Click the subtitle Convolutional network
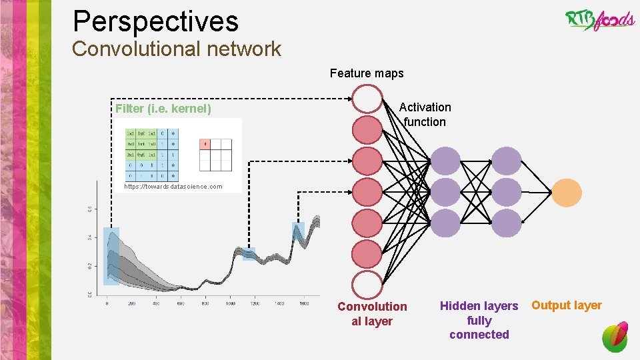(177, 49)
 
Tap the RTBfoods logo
(600, 20)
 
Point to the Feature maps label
(367, 73)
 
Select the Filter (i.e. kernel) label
(163, 108)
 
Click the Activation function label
(425, 115)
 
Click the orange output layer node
(566, 193)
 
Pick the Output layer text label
(566, 305)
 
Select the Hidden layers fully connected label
(479, 320)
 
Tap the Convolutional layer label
(372, 313)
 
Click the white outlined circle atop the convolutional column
(366, 99)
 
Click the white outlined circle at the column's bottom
(366, 285)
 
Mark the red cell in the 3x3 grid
(205, 145)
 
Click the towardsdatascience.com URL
(173, 187)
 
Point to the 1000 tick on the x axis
(229, 303)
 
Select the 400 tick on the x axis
(156, 303)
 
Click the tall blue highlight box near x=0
(111, 256)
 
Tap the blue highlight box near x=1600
(298, 231)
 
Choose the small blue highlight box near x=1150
(249, 254)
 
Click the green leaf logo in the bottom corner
(615, 337)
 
